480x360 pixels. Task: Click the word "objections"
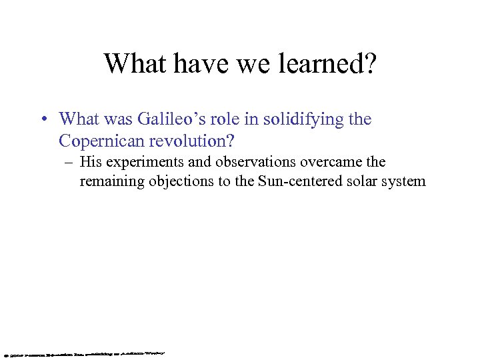click(x=176, y=181)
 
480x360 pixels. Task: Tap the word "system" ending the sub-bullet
click(x=403, y=181)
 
